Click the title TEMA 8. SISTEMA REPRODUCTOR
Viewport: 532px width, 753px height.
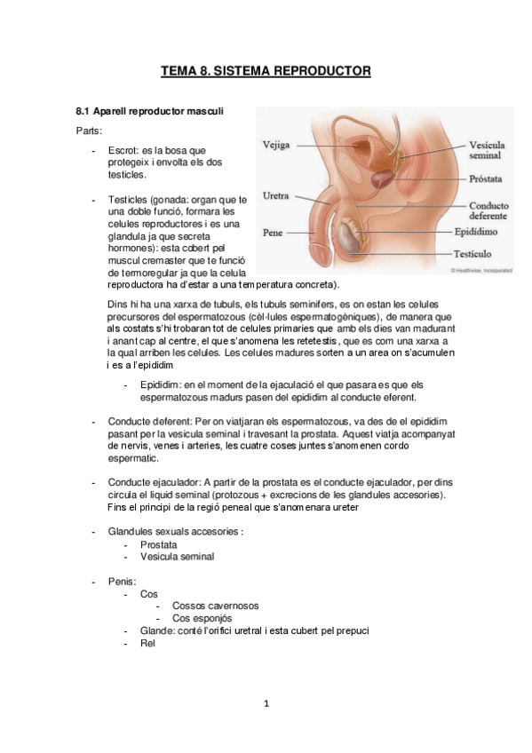coord(266,70)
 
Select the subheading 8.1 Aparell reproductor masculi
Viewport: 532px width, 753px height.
coord(149,112)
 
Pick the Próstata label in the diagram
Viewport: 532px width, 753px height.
coord(487,179)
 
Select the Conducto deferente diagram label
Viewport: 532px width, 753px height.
coord(488,210)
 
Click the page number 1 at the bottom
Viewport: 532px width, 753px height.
coord(266,704)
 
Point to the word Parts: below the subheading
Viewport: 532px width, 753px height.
coord(89,131)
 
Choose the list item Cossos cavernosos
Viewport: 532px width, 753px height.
coord(216,606)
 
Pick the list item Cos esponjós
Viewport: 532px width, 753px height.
coord(202,618)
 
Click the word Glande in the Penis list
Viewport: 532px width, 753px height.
coord(157,630)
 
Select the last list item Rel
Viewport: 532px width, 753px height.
coord(147,643)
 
